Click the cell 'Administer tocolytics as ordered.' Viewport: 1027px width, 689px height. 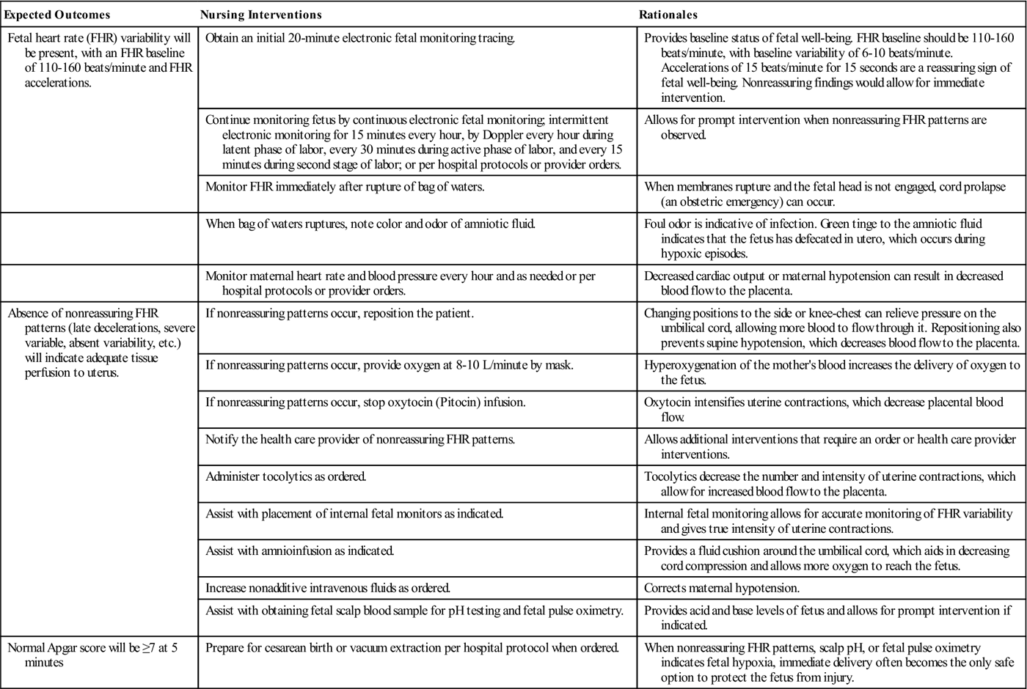[x=285, y=476]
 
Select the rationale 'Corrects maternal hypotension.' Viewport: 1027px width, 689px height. [x=721, y=588]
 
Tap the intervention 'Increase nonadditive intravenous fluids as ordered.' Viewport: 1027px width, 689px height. [x=327, y=588]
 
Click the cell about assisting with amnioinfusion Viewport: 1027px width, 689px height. [x=300, y=550]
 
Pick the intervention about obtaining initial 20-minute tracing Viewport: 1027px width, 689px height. [x=360, y=38]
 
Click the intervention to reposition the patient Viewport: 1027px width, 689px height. [x=340, y=314]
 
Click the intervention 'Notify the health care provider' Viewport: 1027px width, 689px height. [x=360, y=440]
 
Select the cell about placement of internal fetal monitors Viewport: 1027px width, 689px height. [x=354, y=513]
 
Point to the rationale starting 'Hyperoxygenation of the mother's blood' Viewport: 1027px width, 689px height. [x=831, y=372]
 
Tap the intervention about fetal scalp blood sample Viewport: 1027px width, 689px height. [x=414, y=610]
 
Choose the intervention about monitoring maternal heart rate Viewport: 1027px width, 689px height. [x=400, y=283]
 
